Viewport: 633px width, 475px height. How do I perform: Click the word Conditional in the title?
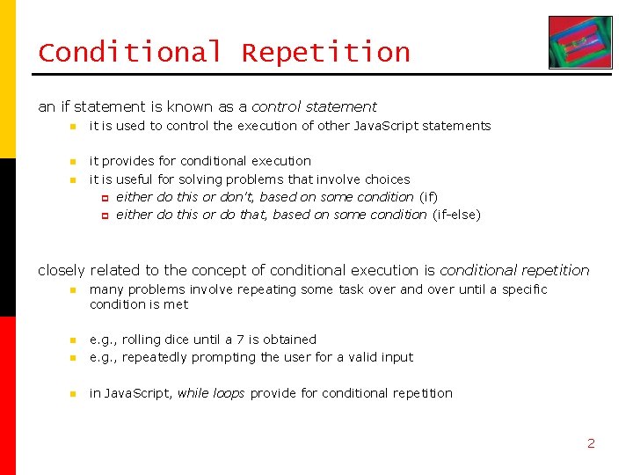pyautogui.click(x=129, y=53)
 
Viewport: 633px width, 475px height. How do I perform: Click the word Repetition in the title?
pyautogui.click(x=326, y=53)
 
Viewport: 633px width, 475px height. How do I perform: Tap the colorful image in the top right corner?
pyautogui.click(x=579, y=42)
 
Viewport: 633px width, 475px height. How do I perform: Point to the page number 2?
pyautogui.click(x=591, y=443)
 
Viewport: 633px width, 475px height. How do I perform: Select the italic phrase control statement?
pyautogui.click(x=314, y=106)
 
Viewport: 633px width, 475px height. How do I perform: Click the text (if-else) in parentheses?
pyautogui.click(x=456, y=215)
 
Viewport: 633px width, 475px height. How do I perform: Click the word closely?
pyautogui.click(x=62, y=270)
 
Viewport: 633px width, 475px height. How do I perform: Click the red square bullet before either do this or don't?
pyautogui.click(x=104, y=198)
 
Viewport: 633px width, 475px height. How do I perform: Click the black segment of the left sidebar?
pyautogui.click(x=8, y=237)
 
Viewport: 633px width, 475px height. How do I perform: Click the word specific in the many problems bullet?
pyautogui.click(x=524, y=289)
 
